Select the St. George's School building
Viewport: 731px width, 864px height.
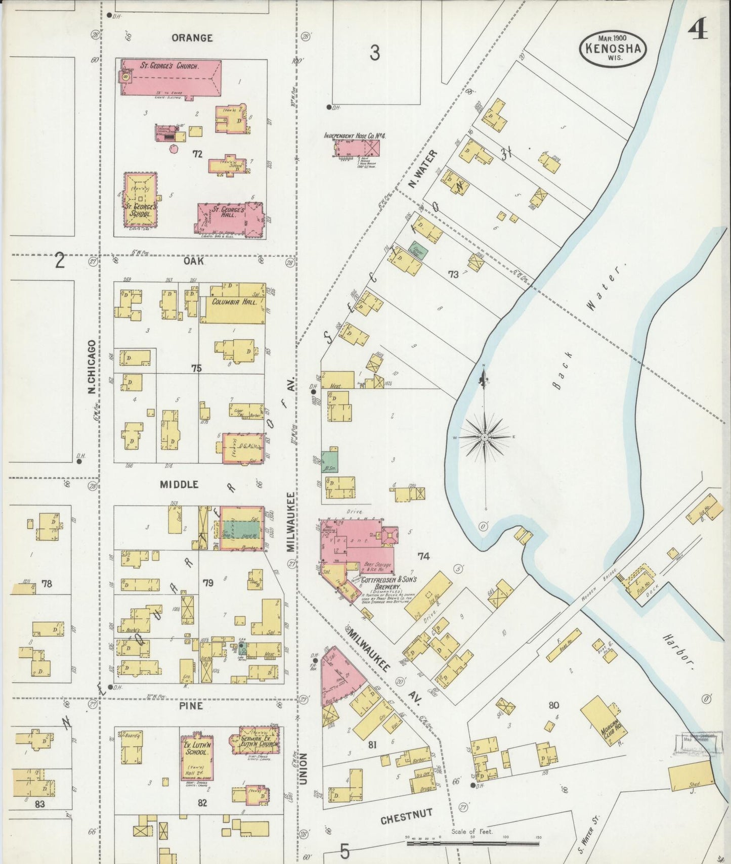click(x=140, y=200)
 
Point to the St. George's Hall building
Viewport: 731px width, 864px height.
click(x=230, y=218)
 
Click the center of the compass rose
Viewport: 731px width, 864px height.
click(x=485, y=436)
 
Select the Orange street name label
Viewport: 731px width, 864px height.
click(x=192, y=38)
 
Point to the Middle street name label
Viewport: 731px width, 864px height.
click(x=179, y=484)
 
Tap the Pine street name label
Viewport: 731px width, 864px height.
click(x=191, y=706)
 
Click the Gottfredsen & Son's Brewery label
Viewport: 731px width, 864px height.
click(x=381, y=582)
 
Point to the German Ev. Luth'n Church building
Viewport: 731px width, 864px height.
click(x=255, y=741)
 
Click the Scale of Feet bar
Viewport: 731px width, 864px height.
click(x=472, y=843)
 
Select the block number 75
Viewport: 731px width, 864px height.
click(x=196, y=368)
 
